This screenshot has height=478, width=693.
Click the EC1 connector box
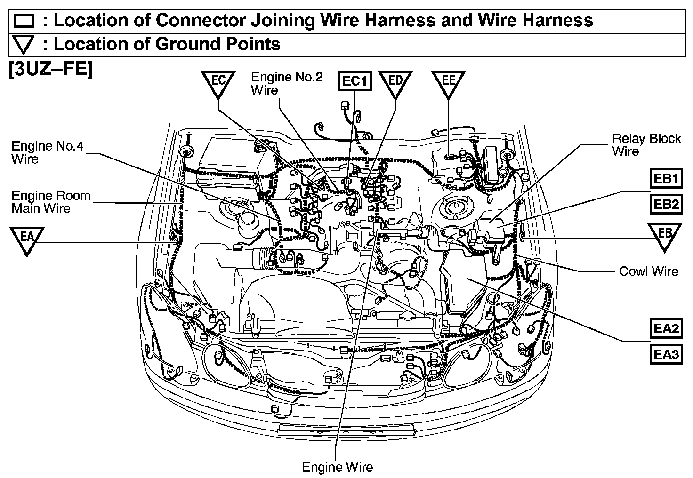(x=355, y=81)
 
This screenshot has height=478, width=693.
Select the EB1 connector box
(x=666, y=178)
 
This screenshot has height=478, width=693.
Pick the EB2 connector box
(x=666, y=204)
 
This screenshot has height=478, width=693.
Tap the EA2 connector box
(x=666, y=328)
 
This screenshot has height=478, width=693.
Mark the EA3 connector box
(x=666, y=354)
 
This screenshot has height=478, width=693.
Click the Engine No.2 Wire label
(x=287, y=83)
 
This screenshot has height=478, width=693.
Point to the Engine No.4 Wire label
(x=48, y=152)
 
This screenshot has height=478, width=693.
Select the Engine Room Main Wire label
(x=51, y=202)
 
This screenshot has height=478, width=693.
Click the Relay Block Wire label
(x=646, y=145)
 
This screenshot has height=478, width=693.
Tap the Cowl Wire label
(x=649, y=271)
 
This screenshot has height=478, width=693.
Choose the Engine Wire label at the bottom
(x=338, y=467)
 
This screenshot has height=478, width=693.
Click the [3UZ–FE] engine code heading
(x=51, y=69)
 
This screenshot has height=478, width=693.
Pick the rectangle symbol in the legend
(x=24, y=21)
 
